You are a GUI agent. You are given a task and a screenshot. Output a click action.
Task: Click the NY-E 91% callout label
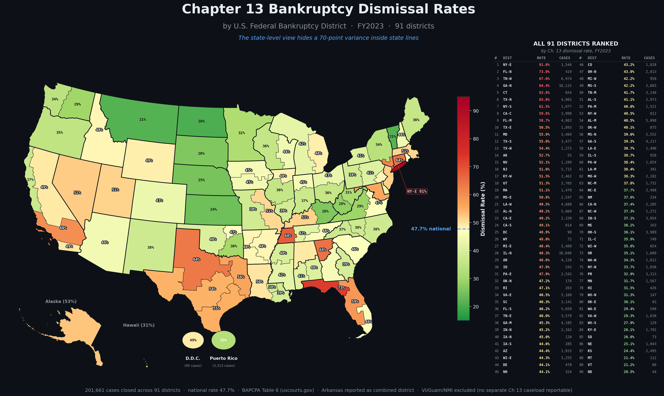click(417, 191)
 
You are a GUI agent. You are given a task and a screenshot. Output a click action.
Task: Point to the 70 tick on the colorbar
click(476, 167)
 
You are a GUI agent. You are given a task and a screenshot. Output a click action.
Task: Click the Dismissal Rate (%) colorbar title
click(483, 209)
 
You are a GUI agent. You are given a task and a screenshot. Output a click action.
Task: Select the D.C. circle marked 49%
click(193, 340)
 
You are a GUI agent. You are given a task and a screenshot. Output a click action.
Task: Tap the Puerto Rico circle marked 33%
click(223, 340)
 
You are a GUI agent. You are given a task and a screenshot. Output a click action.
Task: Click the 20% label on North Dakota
click(201, 121)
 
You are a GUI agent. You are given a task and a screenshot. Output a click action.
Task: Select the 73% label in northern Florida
click(341, 288)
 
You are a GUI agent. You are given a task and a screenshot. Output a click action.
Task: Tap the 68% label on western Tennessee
click(288, 236)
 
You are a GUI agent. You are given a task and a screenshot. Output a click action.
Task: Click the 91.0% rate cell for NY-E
click(544, 65)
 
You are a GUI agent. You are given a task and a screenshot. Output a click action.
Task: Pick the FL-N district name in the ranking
click(507, 72)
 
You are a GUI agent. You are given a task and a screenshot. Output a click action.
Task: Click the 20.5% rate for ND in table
click(629, 372)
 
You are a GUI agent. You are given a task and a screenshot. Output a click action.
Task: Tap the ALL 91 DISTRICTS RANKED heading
click(576, 44)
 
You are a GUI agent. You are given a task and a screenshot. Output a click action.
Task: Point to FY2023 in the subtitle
click(370, 26)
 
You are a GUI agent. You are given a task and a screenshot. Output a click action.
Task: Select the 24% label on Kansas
click(213, 209)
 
